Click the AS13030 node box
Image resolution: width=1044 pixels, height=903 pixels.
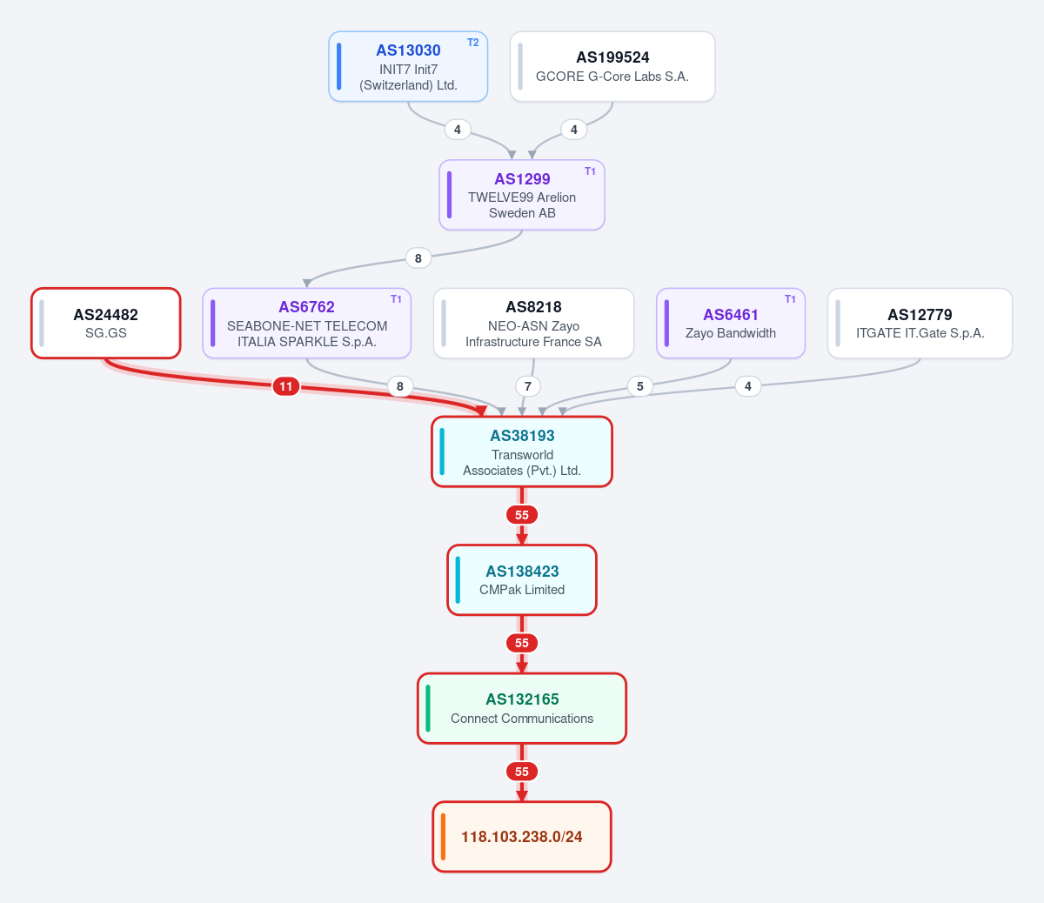point(408,67)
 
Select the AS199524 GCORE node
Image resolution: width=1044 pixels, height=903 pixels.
point(612,67)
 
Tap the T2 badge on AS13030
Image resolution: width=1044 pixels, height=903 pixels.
point(472,43)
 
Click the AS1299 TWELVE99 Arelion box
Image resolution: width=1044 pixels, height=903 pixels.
point(522,195)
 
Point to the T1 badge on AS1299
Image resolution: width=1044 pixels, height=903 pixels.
point(590,171)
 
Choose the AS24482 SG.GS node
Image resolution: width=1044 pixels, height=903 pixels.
point(106,324)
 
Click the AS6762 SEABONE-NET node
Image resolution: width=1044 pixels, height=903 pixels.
point(306,324)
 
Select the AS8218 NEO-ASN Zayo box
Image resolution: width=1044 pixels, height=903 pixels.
point(533,324)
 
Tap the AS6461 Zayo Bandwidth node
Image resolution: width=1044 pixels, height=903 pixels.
point(730,324)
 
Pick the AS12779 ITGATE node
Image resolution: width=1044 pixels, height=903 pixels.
point(920,324)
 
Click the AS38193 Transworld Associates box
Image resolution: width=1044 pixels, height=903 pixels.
point(522,452)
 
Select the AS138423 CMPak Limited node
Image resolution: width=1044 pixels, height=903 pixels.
point(522,579)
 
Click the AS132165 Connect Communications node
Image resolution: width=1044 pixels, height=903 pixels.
point(522,708)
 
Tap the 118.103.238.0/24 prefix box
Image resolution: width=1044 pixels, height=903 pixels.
point(522,836)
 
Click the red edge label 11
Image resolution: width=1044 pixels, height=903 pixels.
point(286,386)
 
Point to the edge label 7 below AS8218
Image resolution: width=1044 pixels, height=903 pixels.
point(528,386)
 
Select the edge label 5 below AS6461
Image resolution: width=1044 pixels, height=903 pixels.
point(640,386)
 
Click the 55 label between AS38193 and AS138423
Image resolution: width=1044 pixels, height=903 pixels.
point(522,515)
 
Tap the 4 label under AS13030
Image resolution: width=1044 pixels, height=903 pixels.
point(458,130)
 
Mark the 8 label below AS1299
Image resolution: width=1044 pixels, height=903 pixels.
point(418,258)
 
